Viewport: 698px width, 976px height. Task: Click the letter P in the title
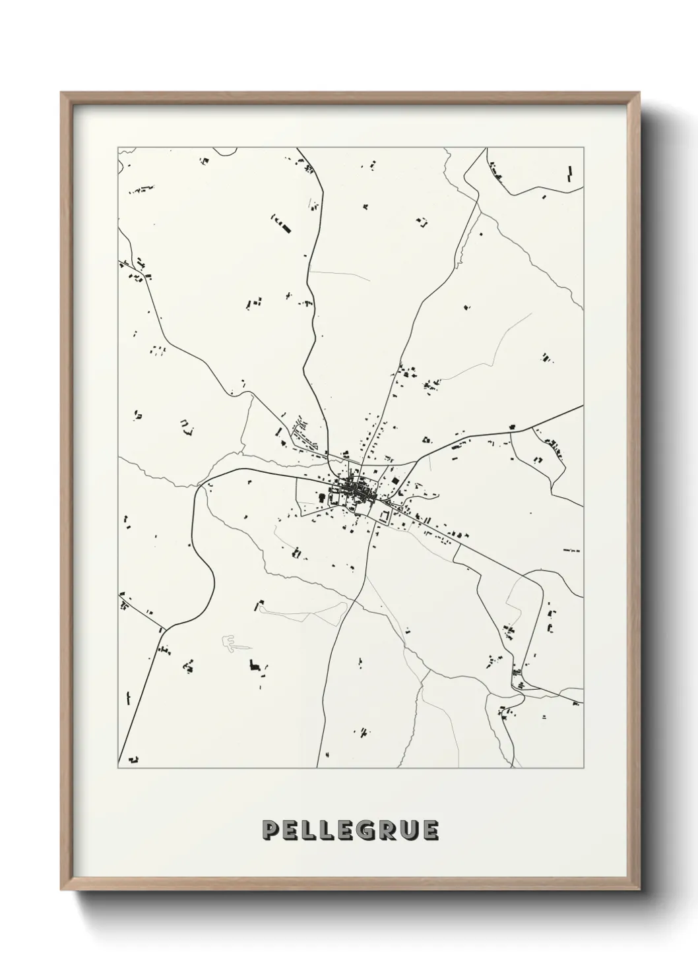click(271, 830)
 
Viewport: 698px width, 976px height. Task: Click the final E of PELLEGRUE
click(428, 830)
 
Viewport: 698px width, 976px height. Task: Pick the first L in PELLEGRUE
click(309, 830)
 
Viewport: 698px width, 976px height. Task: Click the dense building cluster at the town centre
click(357, 491)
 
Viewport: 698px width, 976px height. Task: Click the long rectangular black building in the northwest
click(284, 228)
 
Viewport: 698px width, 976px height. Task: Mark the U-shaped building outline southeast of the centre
click(383, 517)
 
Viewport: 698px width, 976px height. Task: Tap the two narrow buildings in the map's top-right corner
click(569, 173)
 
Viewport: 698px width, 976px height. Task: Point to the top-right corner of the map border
click(583, 148)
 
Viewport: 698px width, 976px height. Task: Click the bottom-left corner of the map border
click(118, 768)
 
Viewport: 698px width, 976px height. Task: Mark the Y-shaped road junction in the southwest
click(162, 630)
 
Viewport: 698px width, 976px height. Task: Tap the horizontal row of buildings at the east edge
click(571, 549)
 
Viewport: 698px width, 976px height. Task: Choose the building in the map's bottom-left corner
click(134, 759)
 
